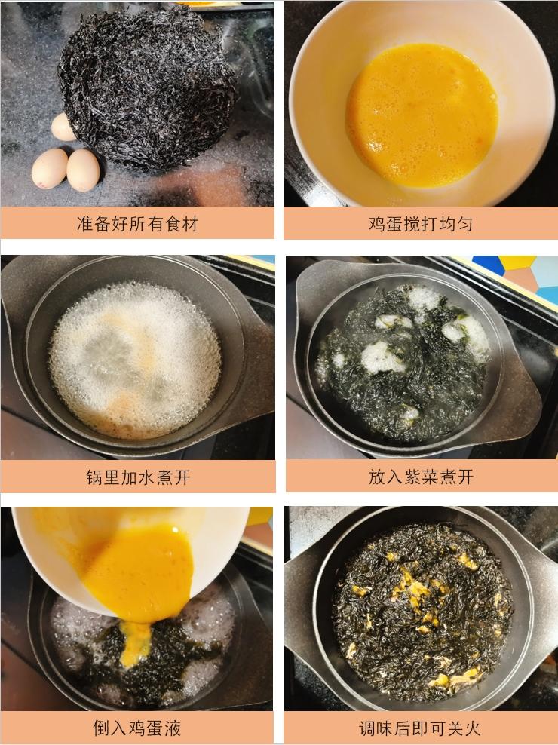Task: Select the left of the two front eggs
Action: pos(49,167)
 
